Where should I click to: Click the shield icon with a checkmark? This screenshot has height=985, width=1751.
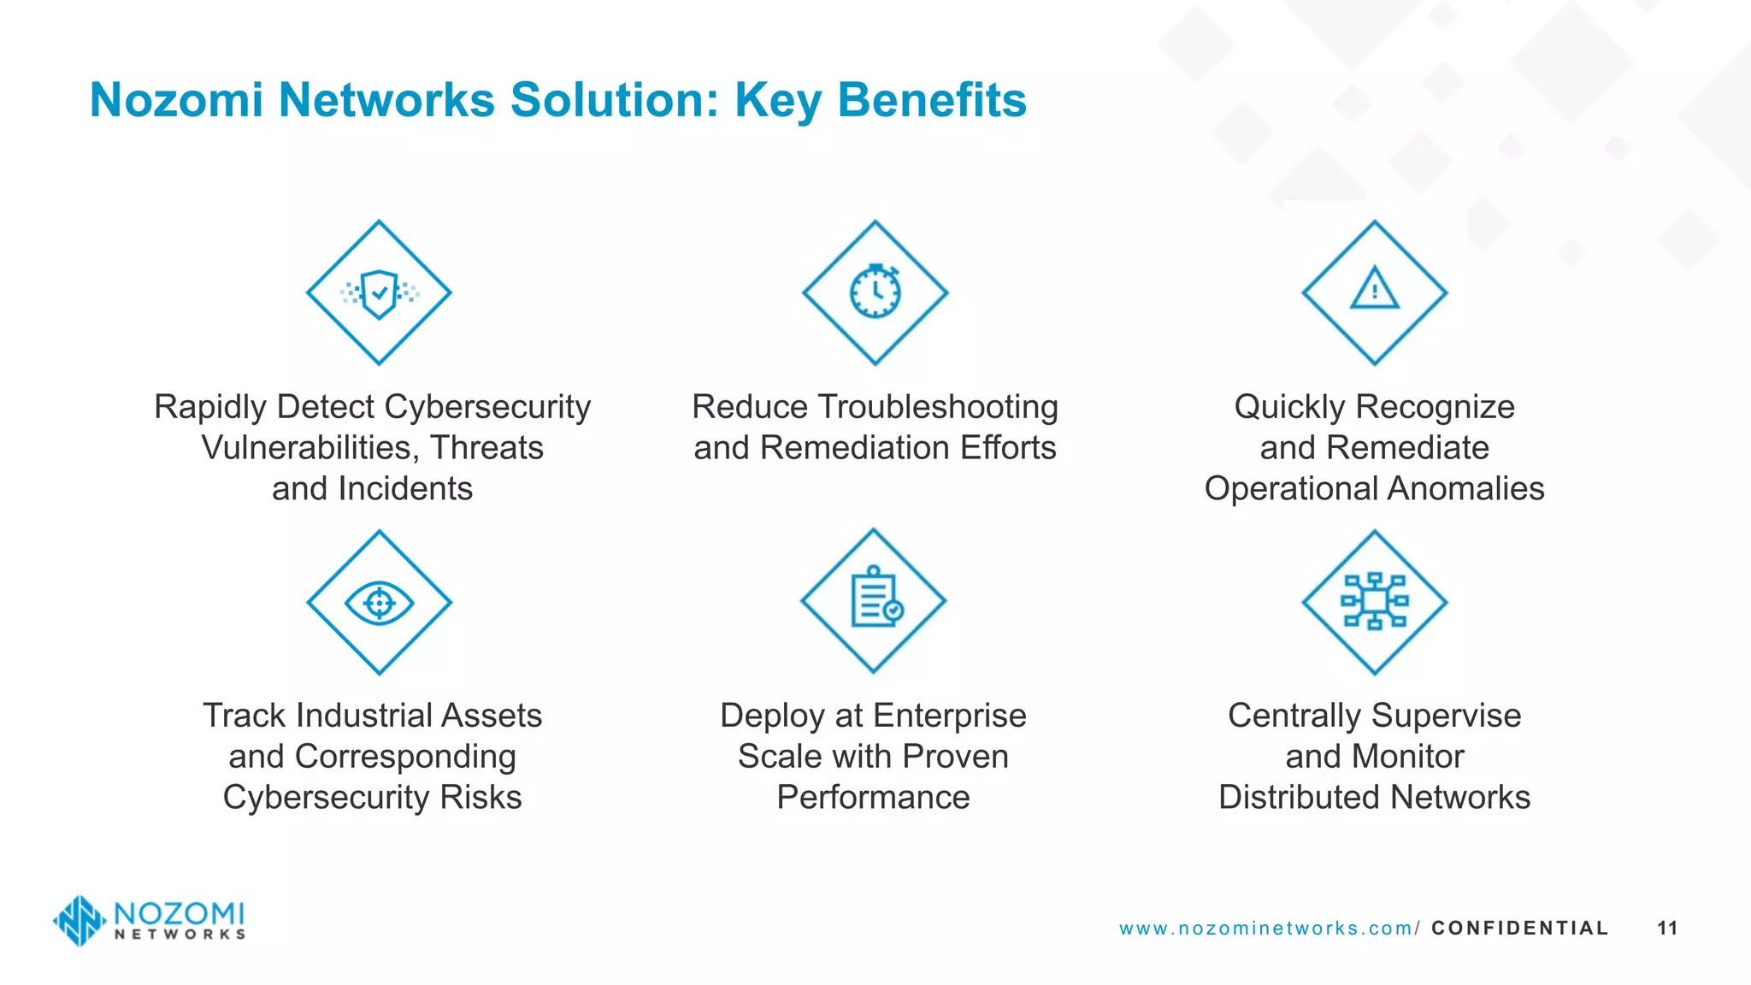click(379, 293)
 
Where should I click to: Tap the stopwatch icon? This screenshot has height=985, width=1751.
click(875, 292)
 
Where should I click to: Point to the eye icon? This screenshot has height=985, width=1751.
click(379, 603)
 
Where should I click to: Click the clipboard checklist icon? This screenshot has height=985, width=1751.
click(875, 599)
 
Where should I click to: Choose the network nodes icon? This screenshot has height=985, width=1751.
click(1374, 602)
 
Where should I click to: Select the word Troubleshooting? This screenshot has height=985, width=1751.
click(939, 407)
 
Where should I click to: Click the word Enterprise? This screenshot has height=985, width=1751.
click(950, 716)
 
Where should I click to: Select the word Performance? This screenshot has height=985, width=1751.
click(873, 798)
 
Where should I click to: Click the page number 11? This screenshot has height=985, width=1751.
click(1667, 929)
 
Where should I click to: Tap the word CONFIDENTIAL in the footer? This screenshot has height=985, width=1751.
click(1519, 929)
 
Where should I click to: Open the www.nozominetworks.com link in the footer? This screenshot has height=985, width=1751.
click(1269, 929)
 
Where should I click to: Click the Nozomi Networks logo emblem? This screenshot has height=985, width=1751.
click(80, 921)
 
